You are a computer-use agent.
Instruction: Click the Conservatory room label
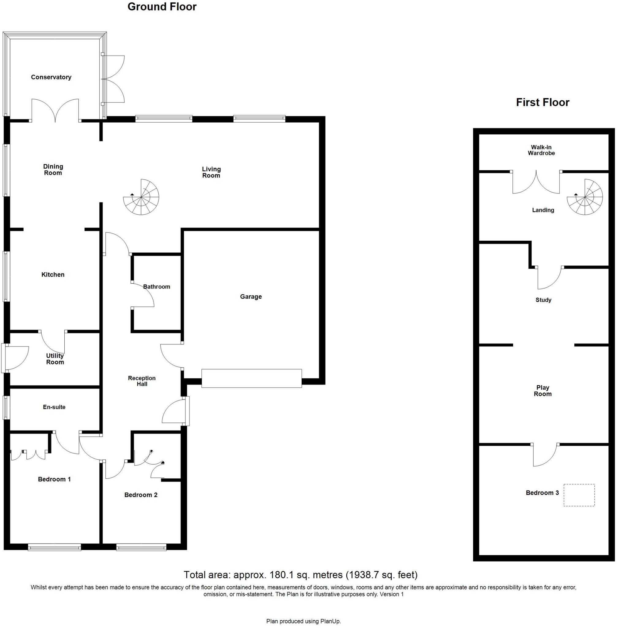click(51, 77)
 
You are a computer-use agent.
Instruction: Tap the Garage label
click(250, 296)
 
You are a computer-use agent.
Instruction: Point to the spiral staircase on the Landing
click(585, 197)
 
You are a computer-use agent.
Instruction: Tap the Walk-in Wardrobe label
click(541, 150)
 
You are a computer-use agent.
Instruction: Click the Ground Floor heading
click(162, 7)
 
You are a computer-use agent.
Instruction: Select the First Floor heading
click(542, 102)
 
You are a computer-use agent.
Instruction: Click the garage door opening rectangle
click(251, 378)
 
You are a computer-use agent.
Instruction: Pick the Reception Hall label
click(142, 381)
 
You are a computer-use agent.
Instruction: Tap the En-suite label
click(54, 407)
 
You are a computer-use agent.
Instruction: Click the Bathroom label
click(157, 287)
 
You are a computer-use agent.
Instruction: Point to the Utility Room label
click(55, 359)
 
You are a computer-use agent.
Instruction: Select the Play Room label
click(543, 391)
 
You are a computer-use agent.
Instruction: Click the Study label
click(543, 300)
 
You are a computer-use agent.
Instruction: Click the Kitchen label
click(53, 275)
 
